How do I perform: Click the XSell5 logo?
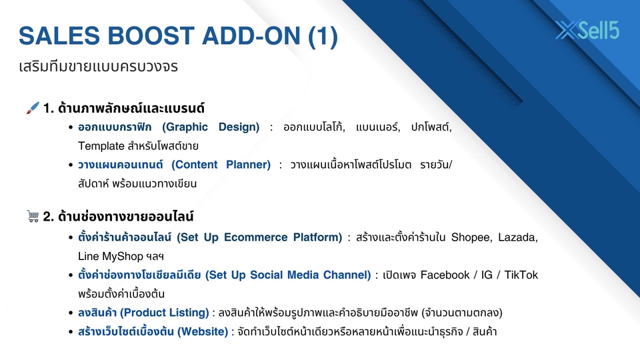(587, 30)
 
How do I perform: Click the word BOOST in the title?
(151, 35)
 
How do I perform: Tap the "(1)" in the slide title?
(323, 36)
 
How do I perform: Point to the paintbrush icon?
(33, 108)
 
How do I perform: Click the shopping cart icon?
(33, 216)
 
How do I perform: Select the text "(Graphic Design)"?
(211, 127)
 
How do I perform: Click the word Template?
(101, 146)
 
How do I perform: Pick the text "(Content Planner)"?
(221, 165)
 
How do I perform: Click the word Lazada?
(518, 237)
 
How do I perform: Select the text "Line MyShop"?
(110, 256)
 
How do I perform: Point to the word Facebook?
(445, 275)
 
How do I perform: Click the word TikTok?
(521, 275)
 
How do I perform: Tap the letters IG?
(487, 275)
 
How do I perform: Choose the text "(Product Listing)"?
(164, 313)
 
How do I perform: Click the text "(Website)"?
(203, 331)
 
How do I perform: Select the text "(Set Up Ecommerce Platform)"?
(259, 237)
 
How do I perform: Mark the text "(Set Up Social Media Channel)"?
(288, 275)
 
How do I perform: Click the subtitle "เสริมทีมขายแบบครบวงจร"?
(99, 66)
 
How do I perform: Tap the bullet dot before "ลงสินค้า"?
(71, 313)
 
